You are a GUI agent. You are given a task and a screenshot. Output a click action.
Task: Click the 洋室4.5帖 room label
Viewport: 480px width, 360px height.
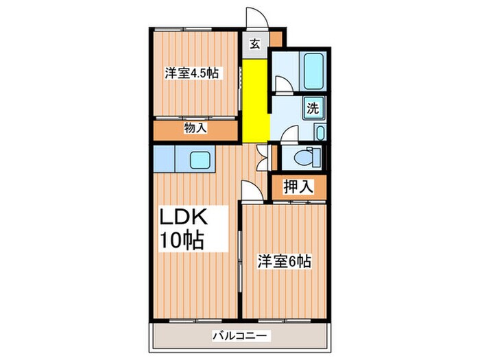pos(191,72)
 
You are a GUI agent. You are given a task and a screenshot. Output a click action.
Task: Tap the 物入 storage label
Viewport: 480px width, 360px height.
pos(195,128)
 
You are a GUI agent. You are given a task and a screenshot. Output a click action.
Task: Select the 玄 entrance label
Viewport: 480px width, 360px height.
pos(255,45)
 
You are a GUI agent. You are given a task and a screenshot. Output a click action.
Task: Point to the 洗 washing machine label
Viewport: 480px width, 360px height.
pos(313,108)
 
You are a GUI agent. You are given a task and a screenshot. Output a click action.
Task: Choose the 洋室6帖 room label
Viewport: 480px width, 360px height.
pos(285,261)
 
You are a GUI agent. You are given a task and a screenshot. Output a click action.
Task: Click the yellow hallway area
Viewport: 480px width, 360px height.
pos(255,96)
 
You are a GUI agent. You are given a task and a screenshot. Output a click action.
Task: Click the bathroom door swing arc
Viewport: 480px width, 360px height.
pos(281,83)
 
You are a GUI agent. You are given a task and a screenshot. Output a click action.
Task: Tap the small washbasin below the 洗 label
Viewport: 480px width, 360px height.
pos(320,132)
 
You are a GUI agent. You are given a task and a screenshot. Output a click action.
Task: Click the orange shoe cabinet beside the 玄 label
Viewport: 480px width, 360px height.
pos(276,40)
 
